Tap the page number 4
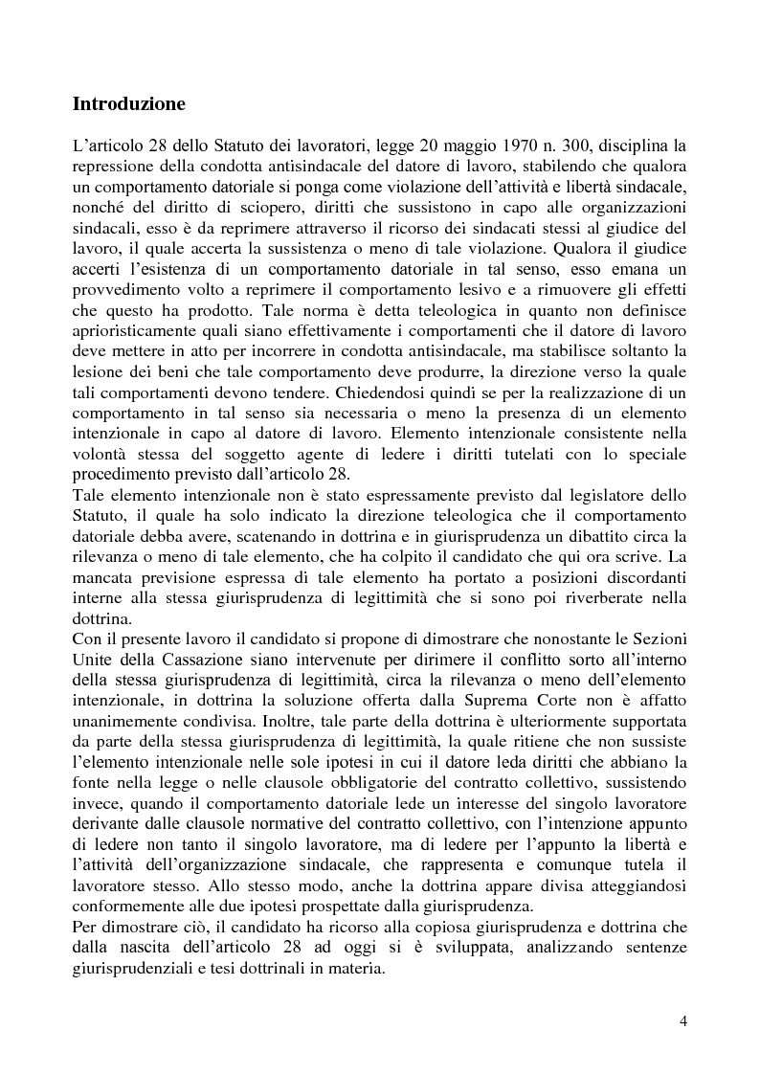pyautogui.click(x=683, y=1019)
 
